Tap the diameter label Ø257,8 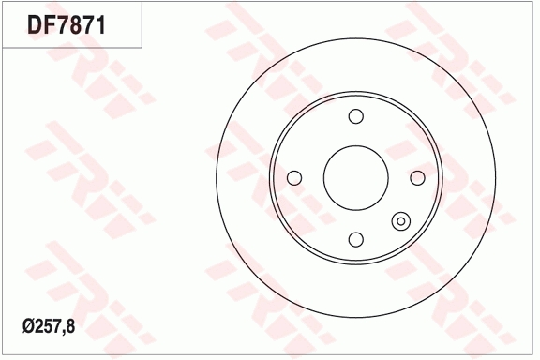tap(48, 327)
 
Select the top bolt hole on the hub tap(355, 116)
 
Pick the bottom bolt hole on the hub tap(355, 239)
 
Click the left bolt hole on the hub tap(294, 177)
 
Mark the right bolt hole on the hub tap(417, 177)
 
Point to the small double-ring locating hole tap(400, 222)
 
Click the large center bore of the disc tap(355, 177)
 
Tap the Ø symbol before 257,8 tap(25, 327)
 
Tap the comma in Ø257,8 tap(62, 332)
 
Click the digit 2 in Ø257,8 tap(37, 327)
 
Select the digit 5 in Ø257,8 tap(46, 327)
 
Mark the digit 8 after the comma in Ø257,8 tap(68, 327)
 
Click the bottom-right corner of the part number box tap(142, 47)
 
